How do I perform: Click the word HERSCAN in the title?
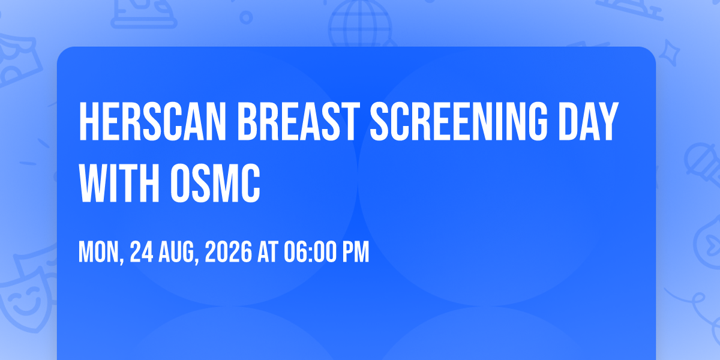(x=152, y=121)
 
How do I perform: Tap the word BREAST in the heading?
(x=299, y=121)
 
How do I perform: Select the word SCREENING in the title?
(x=458, y=121)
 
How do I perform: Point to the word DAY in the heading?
(x=589, y=121)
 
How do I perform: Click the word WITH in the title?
(x=119, y=182)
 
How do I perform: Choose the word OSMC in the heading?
(x=215, y=182)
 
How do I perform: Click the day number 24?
(x=142, y=252)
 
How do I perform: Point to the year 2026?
(x=228, y=252)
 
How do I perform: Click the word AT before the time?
(x=268, y=252)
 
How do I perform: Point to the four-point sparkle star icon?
(x=670, y=53)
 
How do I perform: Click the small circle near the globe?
(x=246, y=17)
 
